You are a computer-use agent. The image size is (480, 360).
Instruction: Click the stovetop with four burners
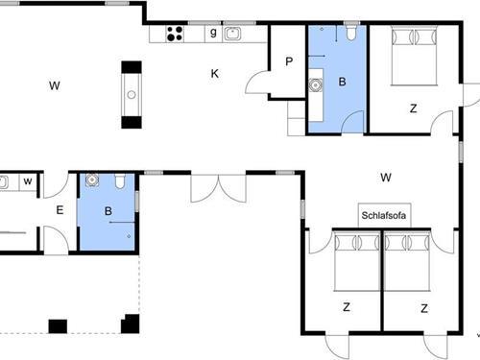point(175,34)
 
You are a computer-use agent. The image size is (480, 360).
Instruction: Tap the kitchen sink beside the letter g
point(232,34)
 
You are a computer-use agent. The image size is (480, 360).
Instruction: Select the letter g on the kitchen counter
point(213,33)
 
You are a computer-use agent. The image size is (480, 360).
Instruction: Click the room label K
point(215,74)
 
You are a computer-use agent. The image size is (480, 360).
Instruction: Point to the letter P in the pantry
point(289,61)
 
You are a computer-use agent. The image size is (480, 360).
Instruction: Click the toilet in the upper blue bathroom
point(351,33)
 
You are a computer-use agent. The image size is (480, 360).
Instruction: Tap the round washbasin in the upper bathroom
point(316,84)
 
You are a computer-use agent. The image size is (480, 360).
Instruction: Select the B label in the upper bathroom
point(342,82)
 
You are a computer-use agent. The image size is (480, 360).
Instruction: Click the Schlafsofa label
point(384,215)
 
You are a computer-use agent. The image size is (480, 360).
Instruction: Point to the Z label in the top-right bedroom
point(414,108)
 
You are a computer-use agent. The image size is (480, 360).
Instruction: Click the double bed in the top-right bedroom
point(414,56)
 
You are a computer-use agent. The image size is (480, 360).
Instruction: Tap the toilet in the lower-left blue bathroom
point(120,181)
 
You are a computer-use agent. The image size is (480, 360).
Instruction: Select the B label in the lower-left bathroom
point(108,211)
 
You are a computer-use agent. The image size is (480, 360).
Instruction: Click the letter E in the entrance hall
point(60,210)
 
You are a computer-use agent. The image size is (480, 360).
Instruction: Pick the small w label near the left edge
point(28,181)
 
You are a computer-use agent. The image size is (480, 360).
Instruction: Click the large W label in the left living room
point(55,85)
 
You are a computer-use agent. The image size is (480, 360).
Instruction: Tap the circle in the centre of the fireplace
point(132,95)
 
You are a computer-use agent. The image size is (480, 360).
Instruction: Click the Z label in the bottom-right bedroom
point(424,308)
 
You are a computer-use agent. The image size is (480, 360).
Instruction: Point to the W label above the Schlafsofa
point(386,178)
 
